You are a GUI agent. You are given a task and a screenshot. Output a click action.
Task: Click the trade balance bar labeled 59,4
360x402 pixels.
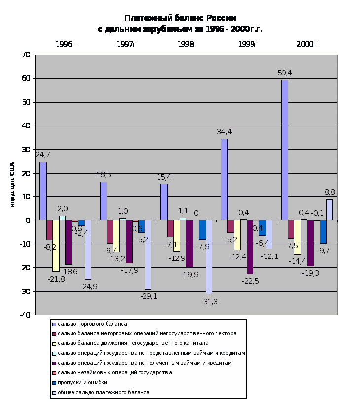[x=285, y=150]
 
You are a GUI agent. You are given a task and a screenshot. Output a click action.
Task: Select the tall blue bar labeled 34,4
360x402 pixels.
[x=224, y=180]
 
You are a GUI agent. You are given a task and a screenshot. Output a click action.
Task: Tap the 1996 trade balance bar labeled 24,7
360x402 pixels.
[x=43, y=191]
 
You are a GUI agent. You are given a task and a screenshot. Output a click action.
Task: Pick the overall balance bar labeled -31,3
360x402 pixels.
[x=209, y=257]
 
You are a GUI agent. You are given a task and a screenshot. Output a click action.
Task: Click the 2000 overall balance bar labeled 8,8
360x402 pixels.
[x=329, y=210]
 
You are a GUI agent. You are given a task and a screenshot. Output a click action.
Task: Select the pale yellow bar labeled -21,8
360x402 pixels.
[x=56, y=246]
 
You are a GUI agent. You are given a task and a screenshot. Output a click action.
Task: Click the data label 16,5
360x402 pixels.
[x=104, y=175]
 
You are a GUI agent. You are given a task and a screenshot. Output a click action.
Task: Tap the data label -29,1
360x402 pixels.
[x=148, y=296]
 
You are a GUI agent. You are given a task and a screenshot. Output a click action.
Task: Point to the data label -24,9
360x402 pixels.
[x=88, y=286]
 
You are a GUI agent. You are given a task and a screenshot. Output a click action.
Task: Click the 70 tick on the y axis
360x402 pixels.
[x=26, y=55]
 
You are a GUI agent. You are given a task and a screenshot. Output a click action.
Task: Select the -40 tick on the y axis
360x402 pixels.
[x=24, y=315]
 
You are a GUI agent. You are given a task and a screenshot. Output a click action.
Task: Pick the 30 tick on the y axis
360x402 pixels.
[x=26, y=149]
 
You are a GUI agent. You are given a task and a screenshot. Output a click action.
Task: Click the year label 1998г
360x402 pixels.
[x=186, y=44]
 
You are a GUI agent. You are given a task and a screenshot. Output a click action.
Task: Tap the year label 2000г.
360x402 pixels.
[x=307, y=44]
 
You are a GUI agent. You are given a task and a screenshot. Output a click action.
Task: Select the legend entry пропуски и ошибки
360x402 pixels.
[x=82, y=382]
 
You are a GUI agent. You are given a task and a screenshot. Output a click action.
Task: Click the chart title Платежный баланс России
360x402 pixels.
[x=180, y=18]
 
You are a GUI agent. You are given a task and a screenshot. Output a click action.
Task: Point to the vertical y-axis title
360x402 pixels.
[x=12, y=184]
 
